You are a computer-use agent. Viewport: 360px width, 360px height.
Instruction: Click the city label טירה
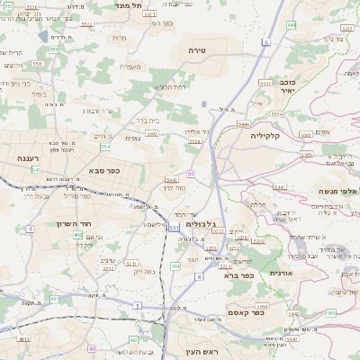point(198,50)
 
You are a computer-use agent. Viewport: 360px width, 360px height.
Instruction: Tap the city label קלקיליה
point(265,136)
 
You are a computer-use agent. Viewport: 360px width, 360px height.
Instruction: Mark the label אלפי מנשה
point(338,191)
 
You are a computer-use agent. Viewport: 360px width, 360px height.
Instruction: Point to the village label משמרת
point(131,66)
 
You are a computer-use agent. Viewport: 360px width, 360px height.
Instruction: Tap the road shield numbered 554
point(105,146)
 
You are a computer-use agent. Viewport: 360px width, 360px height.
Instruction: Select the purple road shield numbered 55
point(191,173)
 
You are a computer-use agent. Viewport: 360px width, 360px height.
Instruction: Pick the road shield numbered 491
point(23,340)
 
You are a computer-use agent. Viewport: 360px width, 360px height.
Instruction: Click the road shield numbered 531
point(173,228)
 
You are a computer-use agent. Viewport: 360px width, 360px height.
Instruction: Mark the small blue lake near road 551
point(44,36)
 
